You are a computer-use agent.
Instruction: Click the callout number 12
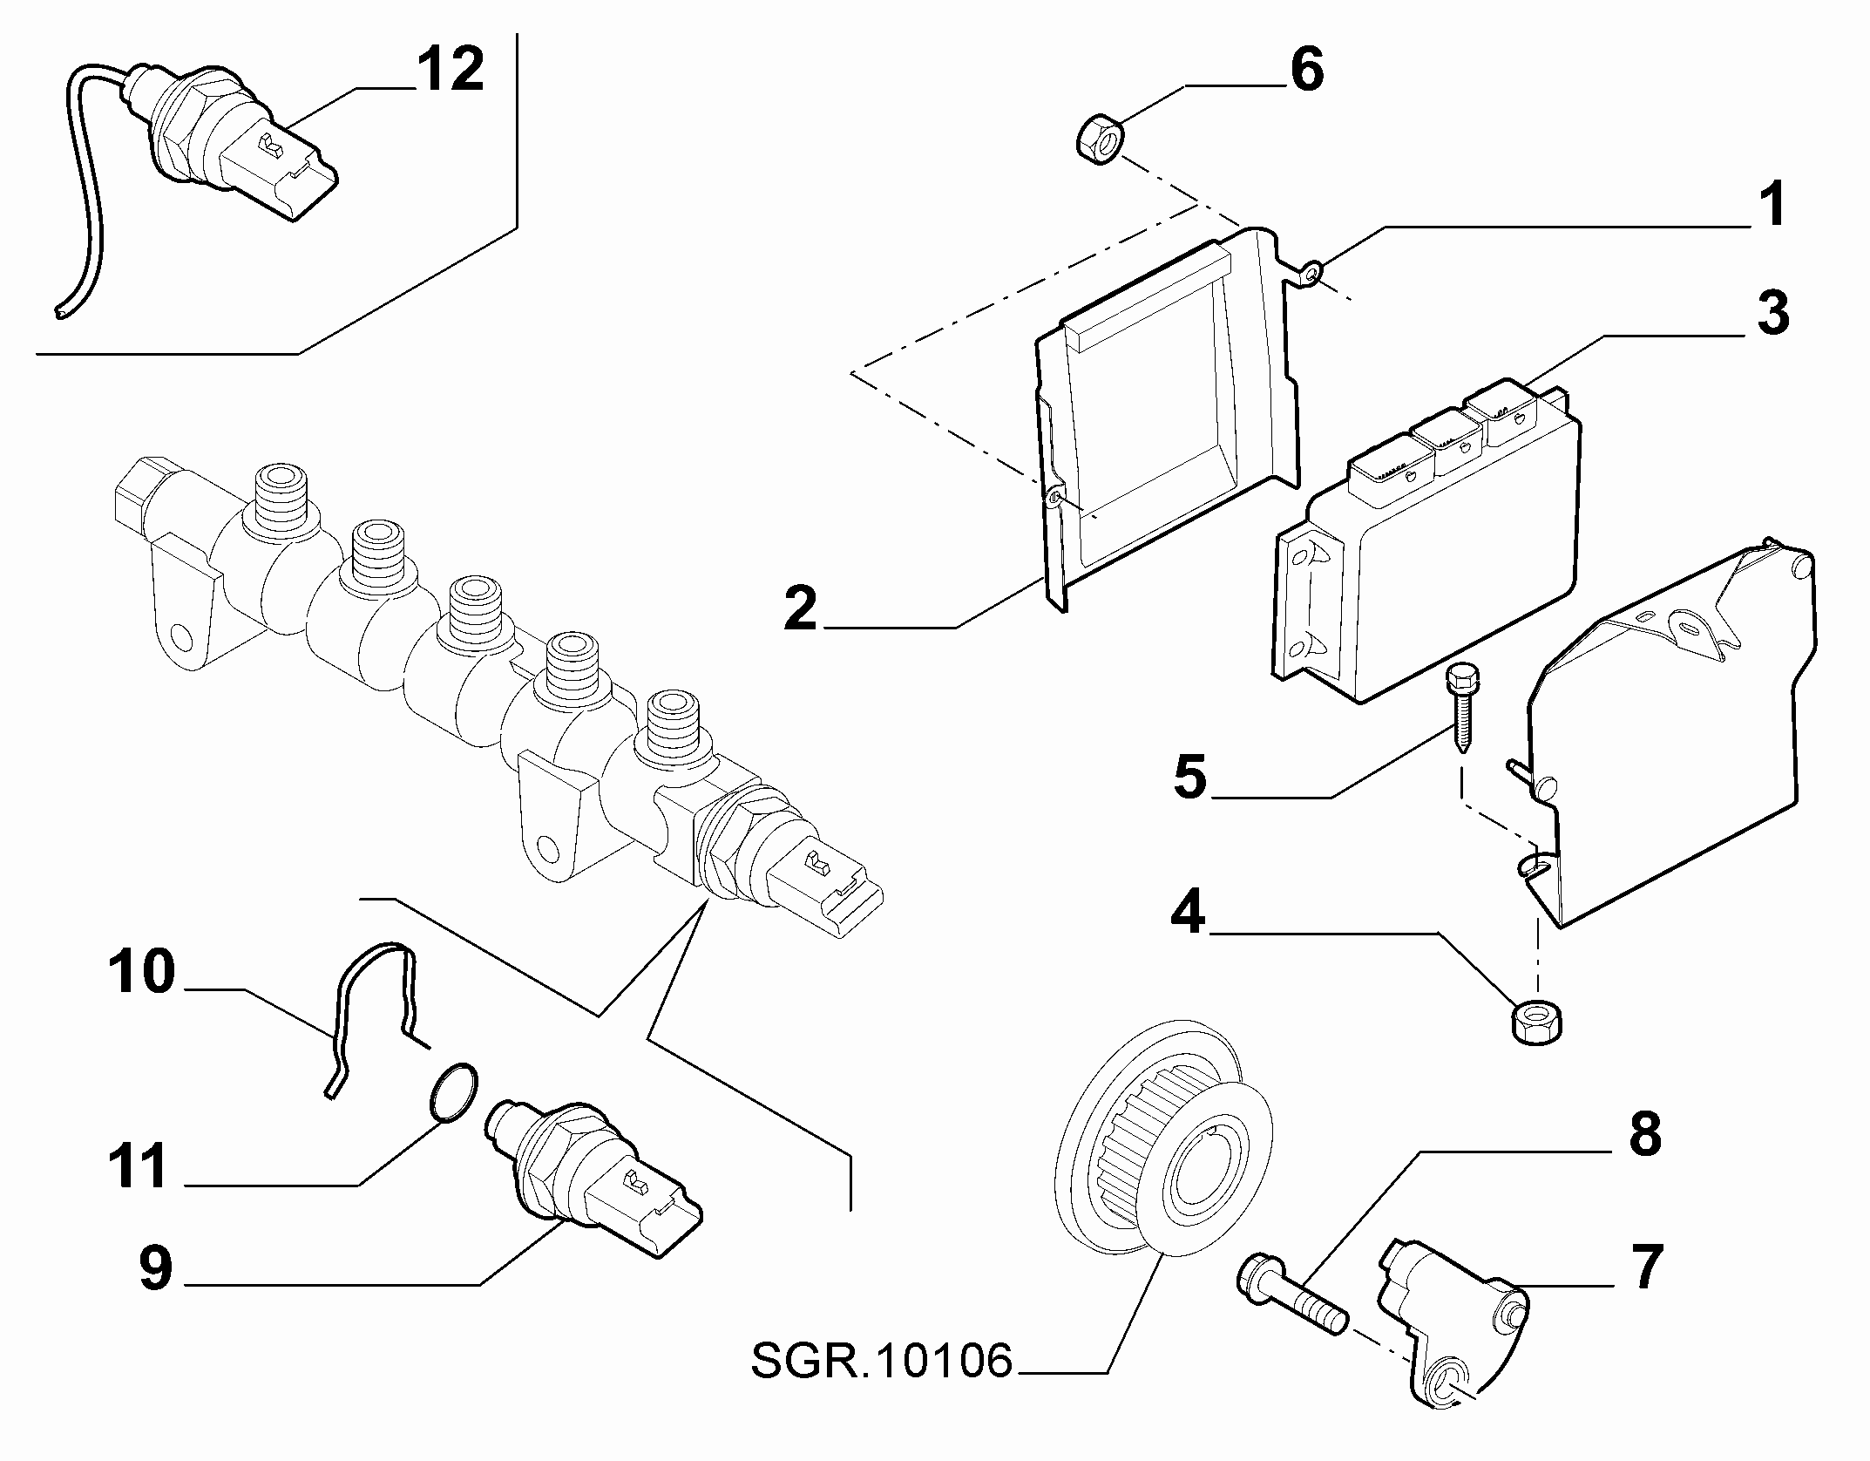coord(450,70)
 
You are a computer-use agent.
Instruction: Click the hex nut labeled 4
coord(1535,1021)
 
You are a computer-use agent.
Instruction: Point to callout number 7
coord(1645,1267)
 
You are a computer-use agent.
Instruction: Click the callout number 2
coord(801,608)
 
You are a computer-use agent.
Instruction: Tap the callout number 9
coord(156,1269)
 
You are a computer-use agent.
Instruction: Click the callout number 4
coord(1188,913)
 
